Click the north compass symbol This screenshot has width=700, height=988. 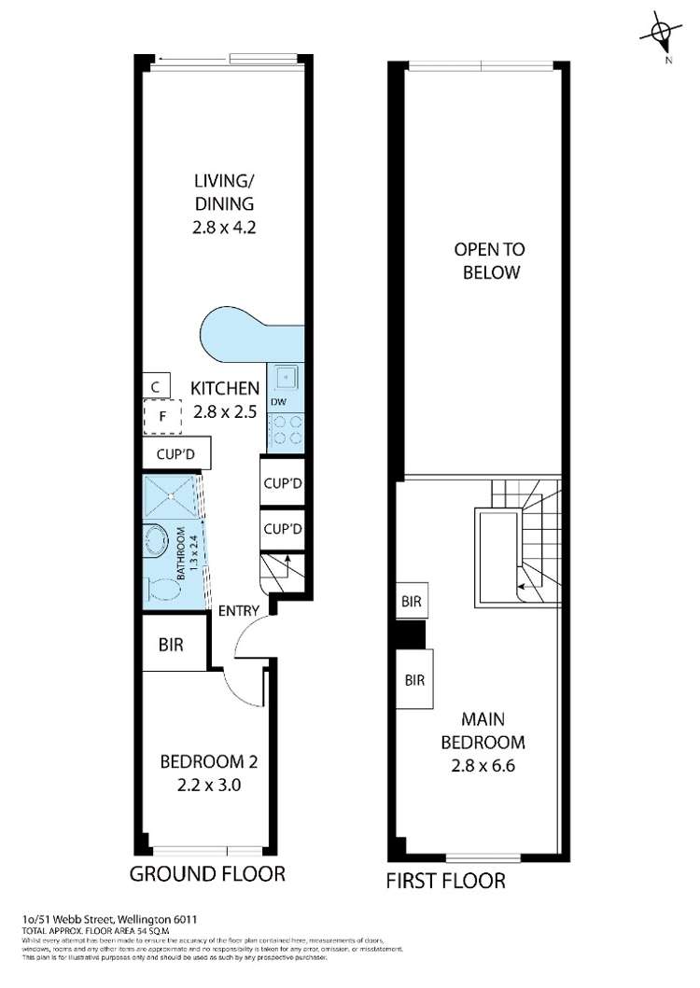pyautogui.click(x=662, y=35)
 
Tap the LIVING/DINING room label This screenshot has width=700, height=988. pyautogui.click(x=224, y=202)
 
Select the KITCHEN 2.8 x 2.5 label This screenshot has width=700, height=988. pyautogui.click(x=224, y=398)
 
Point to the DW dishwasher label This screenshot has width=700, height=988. pyautogui.click(x=277, y=403)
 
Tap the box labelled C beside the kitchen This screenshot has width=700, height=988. pyautogui.click(x=157, y=385)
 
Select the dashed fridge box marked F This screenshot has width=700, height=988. pyautogui.click(x=162, y=417)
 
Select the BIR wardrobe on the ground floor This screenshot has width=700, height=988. pyautogui.click(x=171, y=645)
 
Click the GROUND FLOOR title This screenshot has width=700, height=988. pyautogui.click(x=206, y=874)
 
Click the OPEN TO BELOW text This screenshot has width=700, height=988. pyautogui.click(x=489, y=261)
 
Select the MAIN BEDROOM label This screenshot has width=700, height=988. pyautogui.click(x=489, y=731)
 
